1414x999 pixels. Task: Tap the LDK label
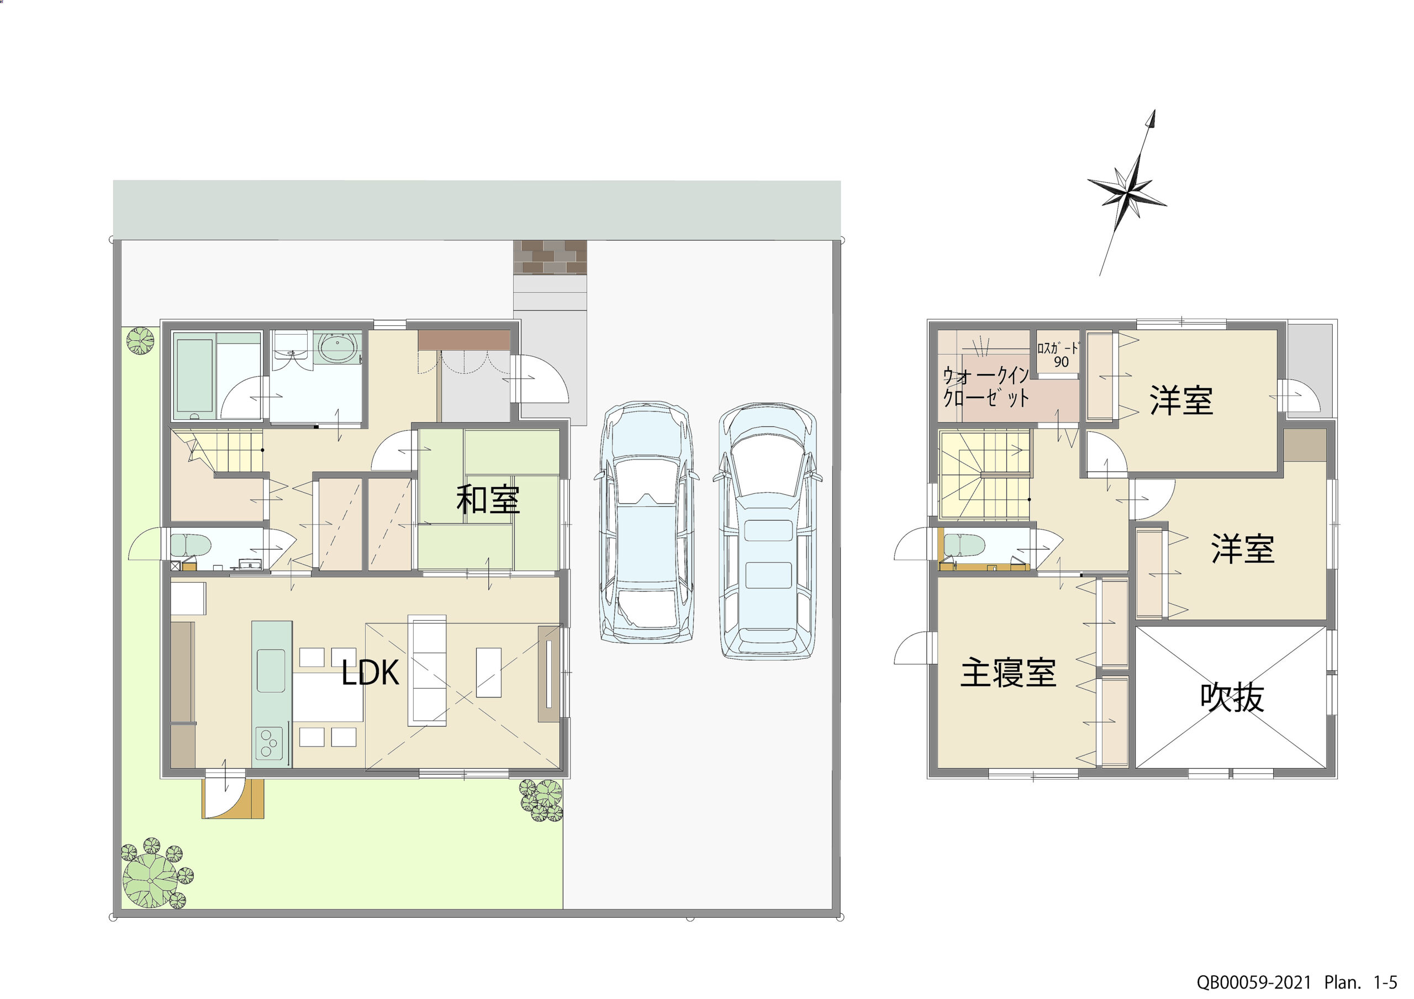pyautogui.click(x=370, y=673)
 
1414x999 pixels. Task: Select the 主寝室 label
pyautogui.click(x=1008, y=673)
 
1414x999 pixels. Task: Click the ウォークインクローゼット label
pyautogui.click(x=986, y=387)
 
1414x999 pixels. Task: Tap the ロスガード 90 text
pyautogui.click(x=1058, y=355)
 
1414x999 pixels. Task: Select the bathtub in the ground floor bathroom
pyautogui.click(x=194, y=376)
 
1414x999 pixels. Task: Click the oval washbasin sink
pyautogui.click(x=337, y=348)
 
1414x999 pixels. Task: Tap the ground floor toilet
pyautogui.click(x=191, y=545)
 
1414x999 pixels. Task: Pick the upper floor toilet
pyautogui.click(x=964, y=545)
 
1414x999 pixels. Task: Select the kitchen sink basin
pyautogui.click(x=270, y=670)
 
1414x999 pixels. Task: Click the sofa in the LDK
pyautogui.click(x=427, y=670)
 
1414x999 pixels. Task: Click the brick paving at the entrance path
pyautogui.click(x=550, y=257)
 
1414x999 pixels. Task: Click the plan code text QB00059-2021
pyautogui.click(x=1254, y=982)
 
